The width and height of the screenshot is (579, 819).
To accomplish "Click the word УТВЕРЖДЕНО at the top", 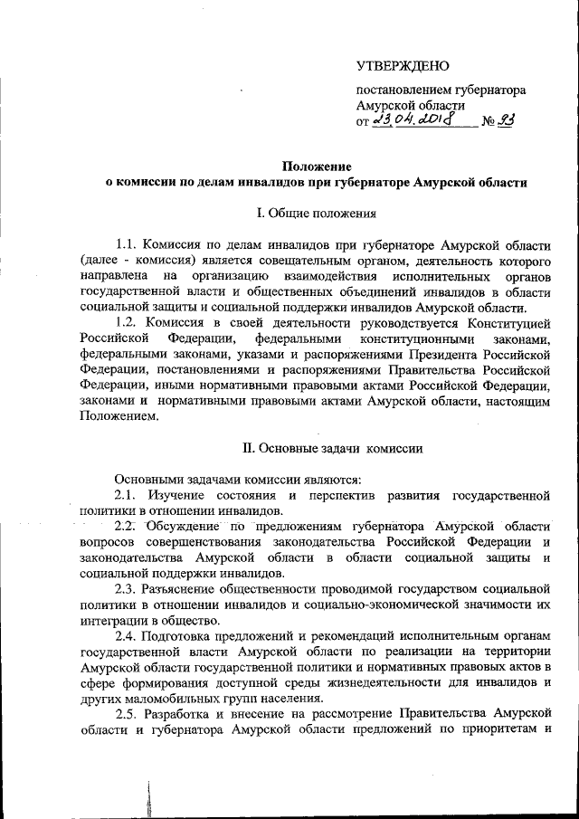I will point(402,65).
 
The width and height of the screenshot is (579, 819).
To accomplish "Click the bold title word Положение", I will point(316,166).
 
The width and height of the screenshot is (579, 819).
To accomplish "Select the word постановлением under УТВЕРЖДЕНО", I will point(403,90).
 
